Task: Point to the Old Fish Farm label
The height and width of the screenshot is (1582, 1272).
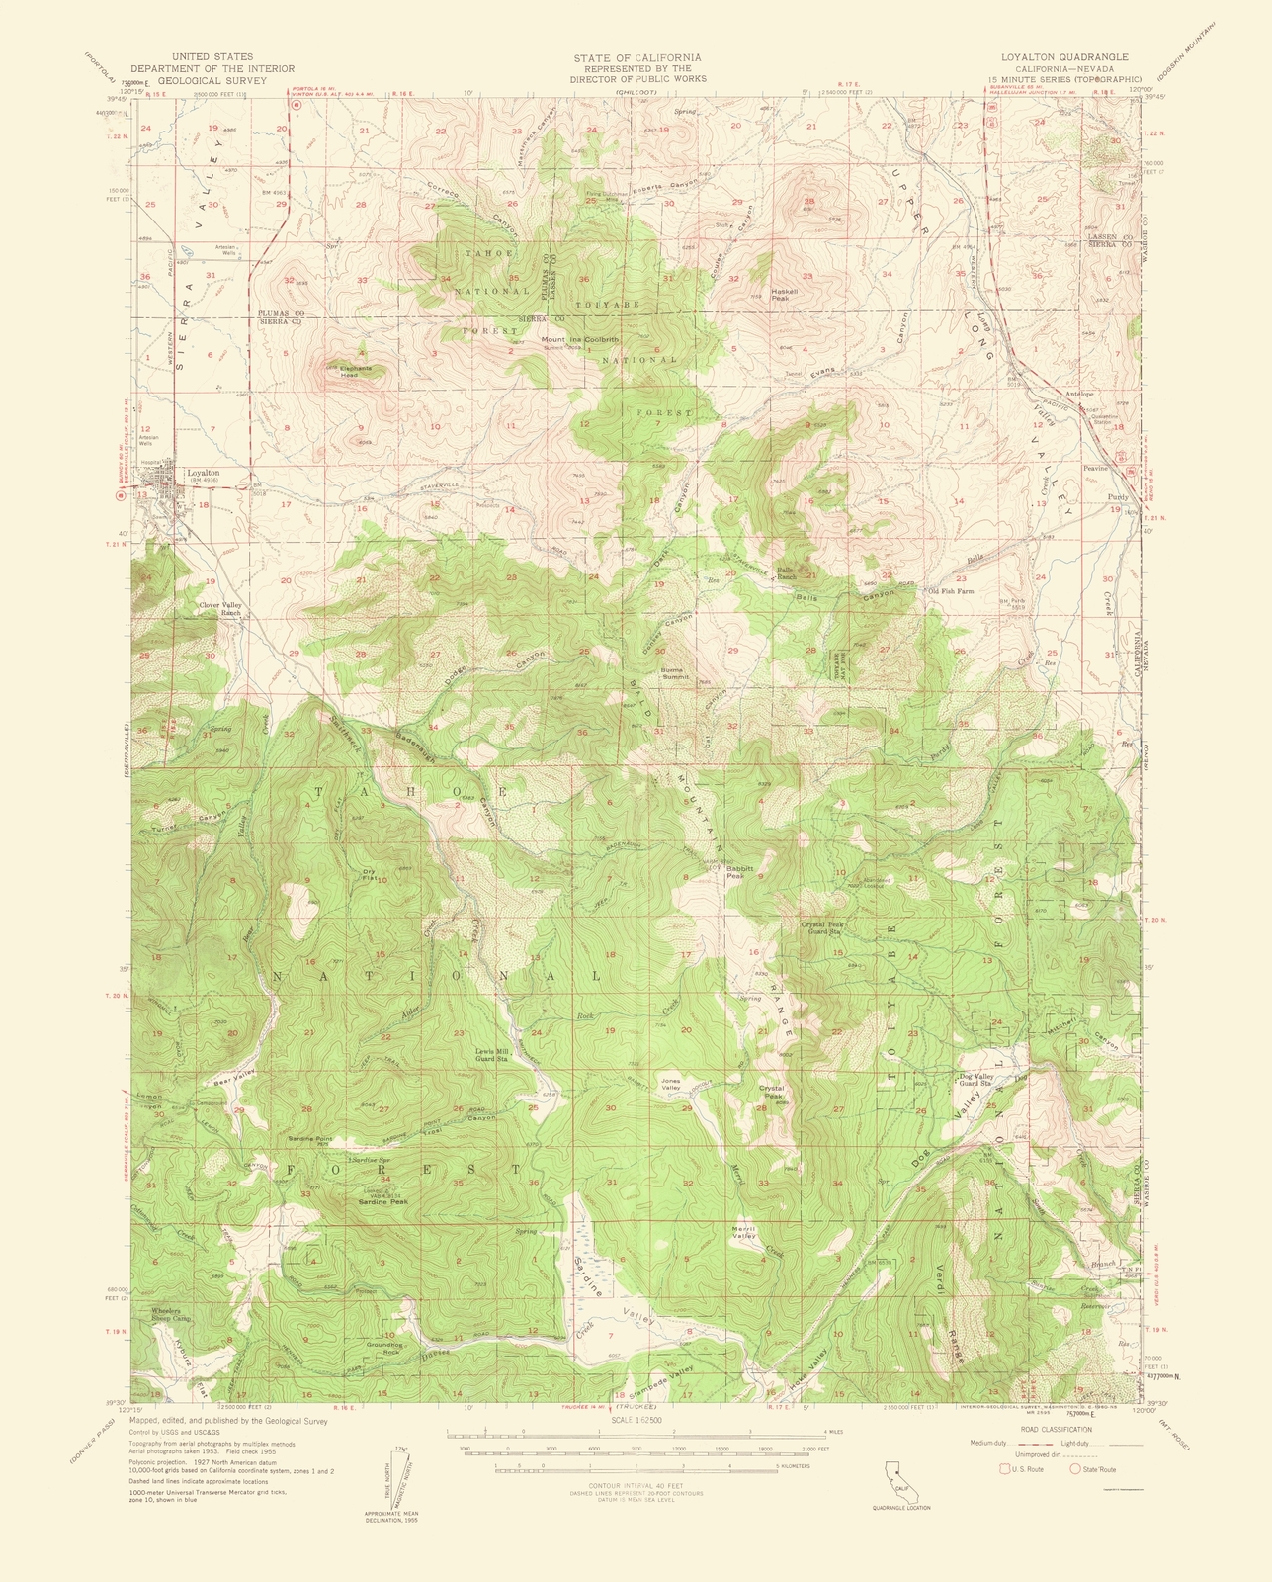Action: pyautogui.click(x=950, y=591)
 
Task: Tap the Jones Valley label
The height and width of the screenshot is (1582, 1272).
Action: pyautogui.click(x=671, y=1085)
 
